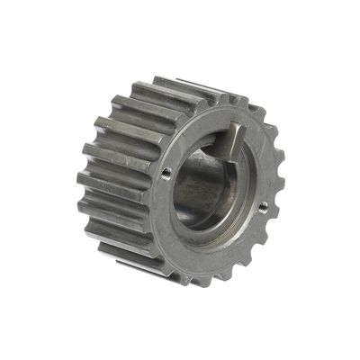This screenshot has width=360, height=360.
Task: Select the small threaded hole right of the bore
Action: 263,206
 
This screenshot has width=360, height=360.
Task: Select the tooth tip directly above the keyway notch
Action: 236,101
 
